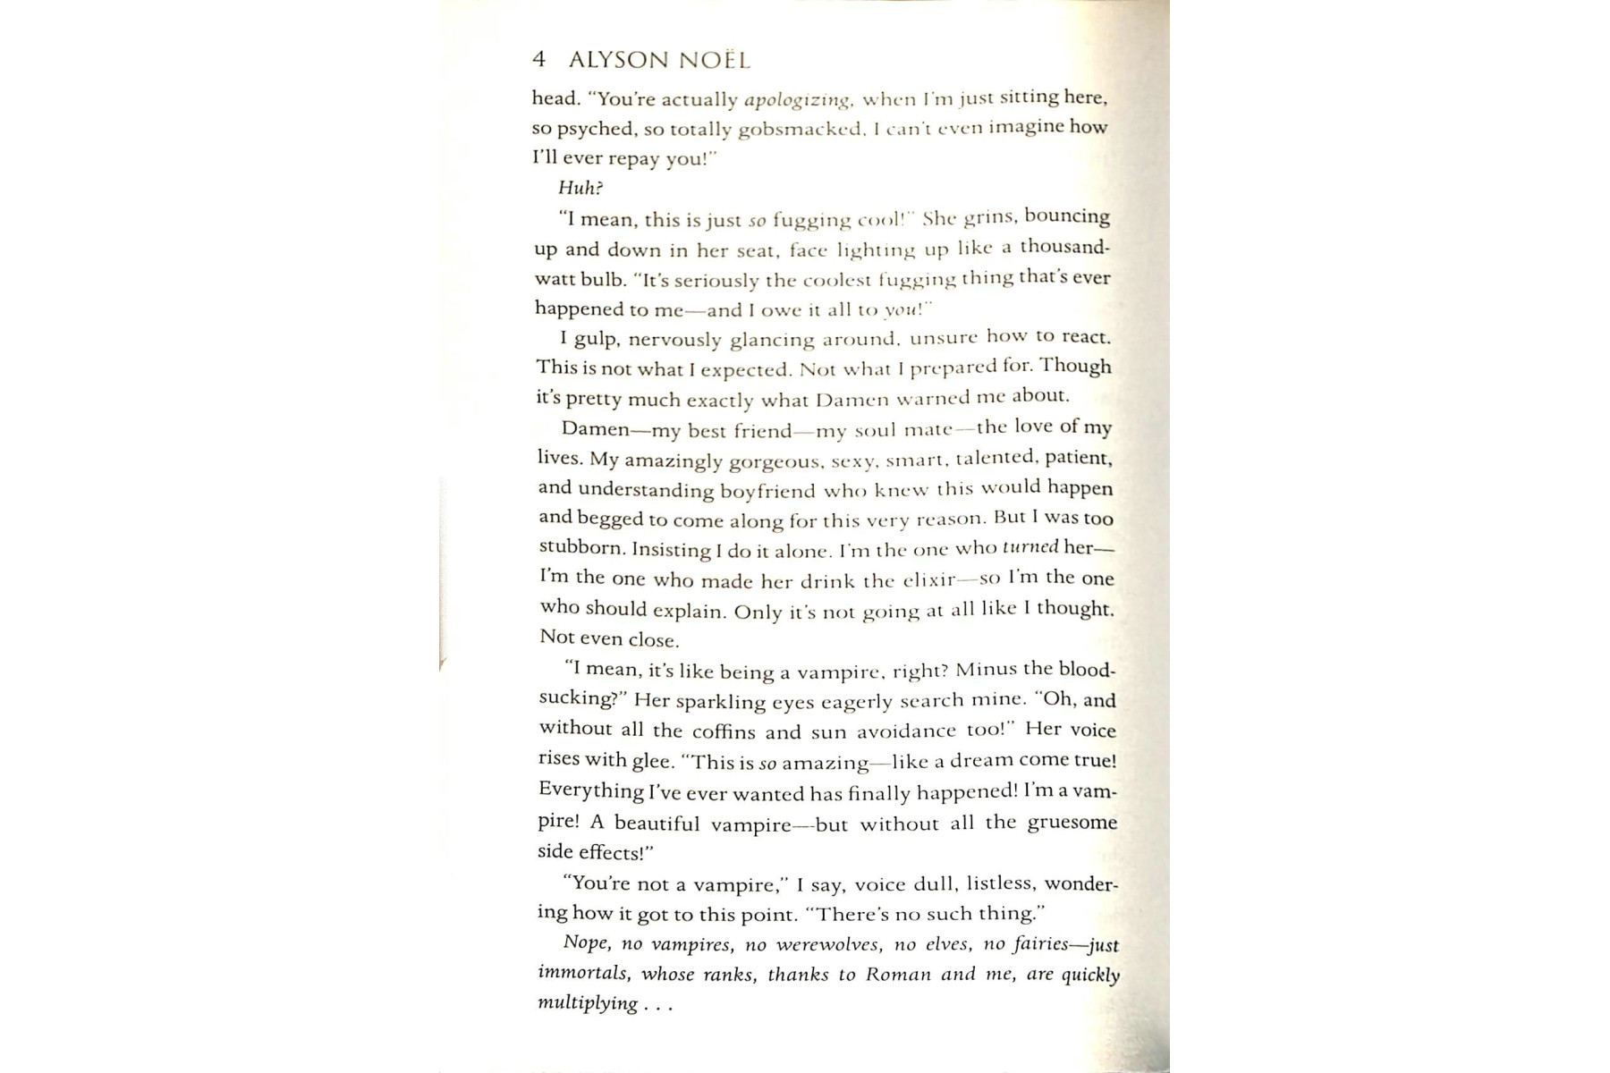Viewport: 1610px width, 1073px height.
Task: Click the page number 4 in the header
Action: click(x=538, y=60)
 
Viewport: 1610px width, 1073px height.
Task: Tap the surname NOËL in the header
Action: click(x=715, y=61)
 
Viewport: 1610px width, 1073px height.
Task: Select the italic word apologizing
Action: click(x=797, y=99)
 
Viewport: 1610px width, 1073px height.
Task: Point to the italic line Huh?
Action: click(x=580, y=188)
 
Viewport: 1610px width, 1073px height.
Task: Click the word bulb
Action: click(x=604, y=280)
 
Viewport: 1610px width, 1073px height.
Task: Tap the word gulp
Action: click(x=597, y=340)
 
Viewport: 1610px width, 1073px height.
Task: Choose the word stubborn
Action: click(x=582, y=548)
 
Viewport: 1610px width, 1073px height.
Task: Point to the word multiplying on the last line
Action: click(x=588, y=1003)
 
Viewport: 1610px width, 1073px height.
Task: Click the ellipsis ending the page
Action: click(x=657, y=1007)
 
